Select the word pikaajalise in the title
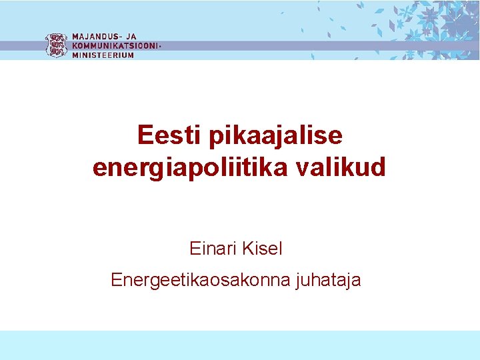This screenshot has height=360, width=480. [x=275, y=137]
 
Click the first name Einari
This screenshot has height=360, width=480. [x=213, y=249]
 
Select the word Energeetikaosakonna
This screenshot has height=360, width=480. [x=200, y=280]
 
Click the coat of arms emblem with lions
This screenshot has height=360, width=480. [x=56, y=45]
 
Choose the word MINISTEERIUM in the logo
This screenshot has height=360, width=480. [x=103, y=55]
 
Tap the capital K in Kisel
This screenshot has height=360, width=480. [x=249, y=249]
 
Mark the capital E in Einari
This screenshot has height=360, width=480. [x=195, y=249]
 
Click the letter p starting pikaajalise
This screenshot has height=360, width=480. [x=215, y=138]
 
